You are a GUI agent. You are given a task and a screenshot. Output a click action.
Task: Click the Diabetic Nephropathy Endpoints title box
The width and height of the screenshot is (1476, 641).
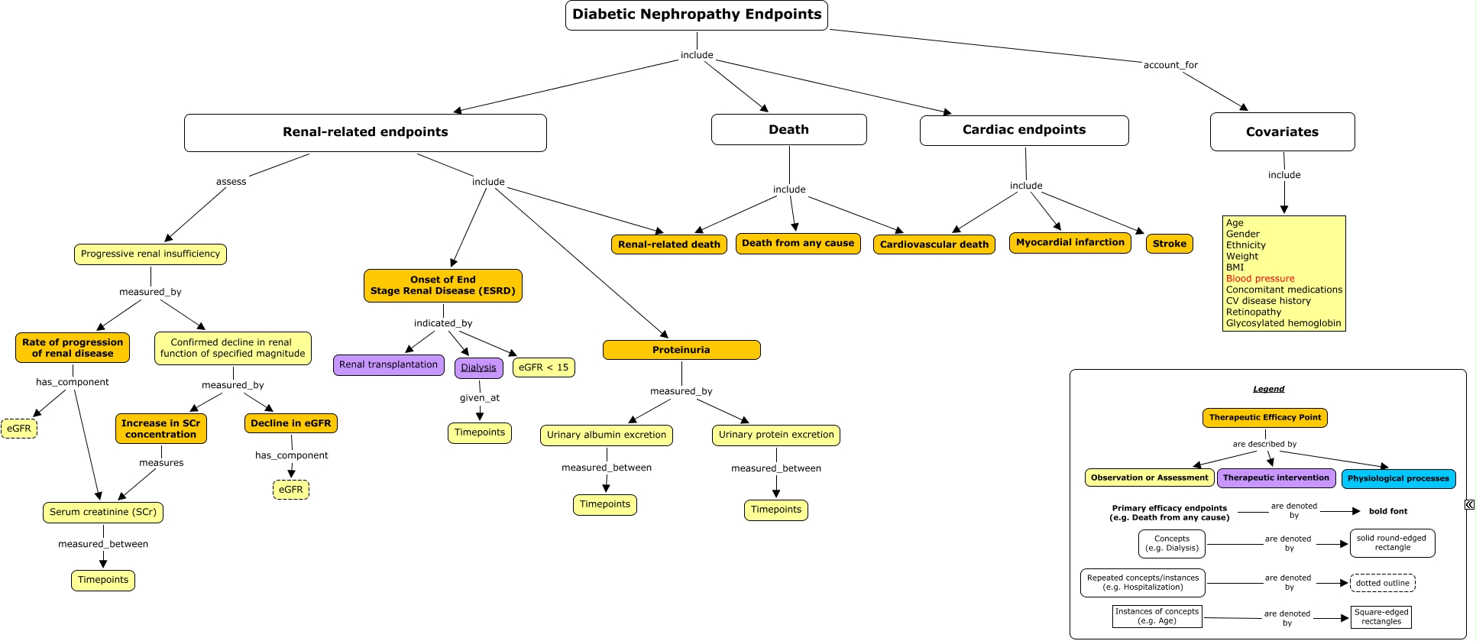(x=696, y=15)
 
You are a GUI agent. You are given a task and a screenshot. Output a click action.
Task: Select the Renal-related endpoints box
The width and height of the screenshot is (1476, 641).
(x=365, y=133)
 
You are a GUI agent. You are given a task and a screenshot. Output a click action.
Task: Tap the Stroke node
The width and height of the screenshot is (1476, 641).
(x=1169, y=244)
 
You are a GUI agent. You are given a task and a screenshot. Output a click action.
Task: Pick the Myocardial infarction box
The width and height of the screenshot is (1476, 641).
(x=1070, y=243)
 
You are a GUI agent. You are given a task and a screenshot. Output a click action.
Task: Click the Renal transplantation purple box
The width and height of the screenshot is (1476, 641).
(x=388, y=365)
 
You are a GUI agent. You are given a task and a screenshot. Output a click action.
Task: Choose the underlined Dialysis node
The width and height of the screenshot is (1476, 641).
(x=479, y=368)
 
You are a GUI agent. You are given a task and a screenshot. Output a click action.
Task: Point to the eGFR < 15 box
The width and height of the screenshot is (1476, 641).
(x=543, y=367)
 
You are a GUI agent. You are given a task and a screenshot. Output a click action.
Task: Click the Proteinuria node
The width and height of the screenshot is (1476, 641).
(x=681, y=350)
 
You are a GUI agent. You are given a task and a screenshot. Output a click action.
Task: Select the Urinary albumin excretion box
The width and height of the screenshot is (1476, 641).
(x=607, y=435)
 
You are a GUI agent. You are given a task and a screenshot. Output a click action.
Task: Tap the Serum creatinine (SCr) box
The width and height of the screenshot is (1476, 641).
(x=103, y=513)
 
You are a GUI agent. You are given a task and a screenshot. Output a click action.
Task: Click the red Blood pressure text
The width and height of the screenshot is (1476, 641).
(x=1260, y=279)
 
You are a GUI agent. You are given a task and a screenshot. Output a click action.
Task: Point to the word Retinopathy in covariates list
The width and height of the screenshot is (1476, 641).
(x=1253, y=312)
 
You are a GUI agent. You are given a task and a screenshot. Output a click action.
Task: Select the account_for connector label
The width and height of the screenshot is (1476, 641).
(x=1170, y=65)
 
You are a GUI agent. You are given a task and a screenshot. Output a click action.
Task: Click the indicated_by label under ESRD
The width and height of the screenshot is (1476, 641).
(x=443, y=323)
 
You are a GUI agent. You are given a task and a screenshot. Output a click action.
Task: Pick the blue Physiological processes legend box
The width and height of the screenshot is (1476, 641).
(x=1398, y=479)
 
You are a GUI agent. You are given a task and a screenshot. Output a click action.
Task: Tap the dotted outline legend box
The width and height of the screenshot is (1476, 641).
(x=1382, y=583)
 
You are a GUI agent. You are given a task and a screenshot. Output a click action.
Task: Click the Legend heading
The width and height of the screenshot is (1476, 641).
(x=1268, y=389)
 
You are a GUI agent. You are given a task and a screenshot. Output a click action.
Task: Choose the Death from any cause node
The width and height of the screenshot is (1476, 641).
(x=798, y=244)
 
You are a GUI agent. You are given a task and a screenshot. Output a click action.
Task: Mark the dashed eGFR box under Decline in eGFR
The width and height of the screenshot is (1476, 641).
(x=290, y=490)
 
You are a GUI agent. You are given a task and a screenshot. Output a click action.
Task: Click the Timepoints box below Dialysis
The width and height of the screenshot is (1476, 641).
(x=480, y=433)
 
